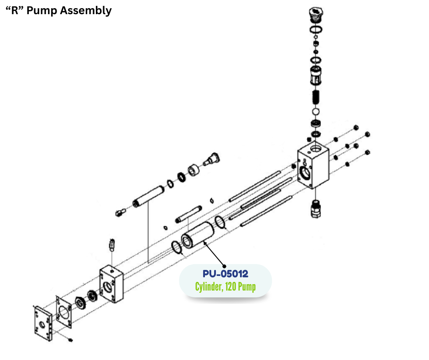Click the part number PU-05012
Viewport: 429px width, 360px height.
pyautogui.click(x=225, y=274)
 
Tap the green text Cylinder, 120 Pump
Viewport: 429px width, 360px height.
pyautogui.click(x=225, y=287)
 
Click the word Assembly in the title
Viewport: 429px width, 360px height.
pyautogui.click(x=86, y=11)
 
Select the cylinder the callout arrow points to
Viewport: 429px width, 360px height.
pyautogui.click(x=196, y=236)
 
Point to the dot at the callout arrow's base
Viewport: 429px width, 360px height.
pyautogui.click(x=224, y=266)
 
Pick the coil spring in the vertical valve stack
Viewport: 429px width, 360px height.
pyautogui.click(x=315, y=97)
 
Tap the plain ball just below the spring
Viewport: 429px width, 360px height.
pyautogui.click(x=315, y=111)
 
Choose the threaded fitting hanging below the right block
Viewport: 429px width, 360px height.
pyautogui.click(x=314, y=208)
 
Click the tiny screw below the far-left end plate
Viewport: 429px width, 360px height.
pyautogui.click(x=70, y=340)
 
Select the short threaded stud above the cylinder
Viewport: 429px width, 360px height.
pyautogui.click(x=188, y=214)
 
